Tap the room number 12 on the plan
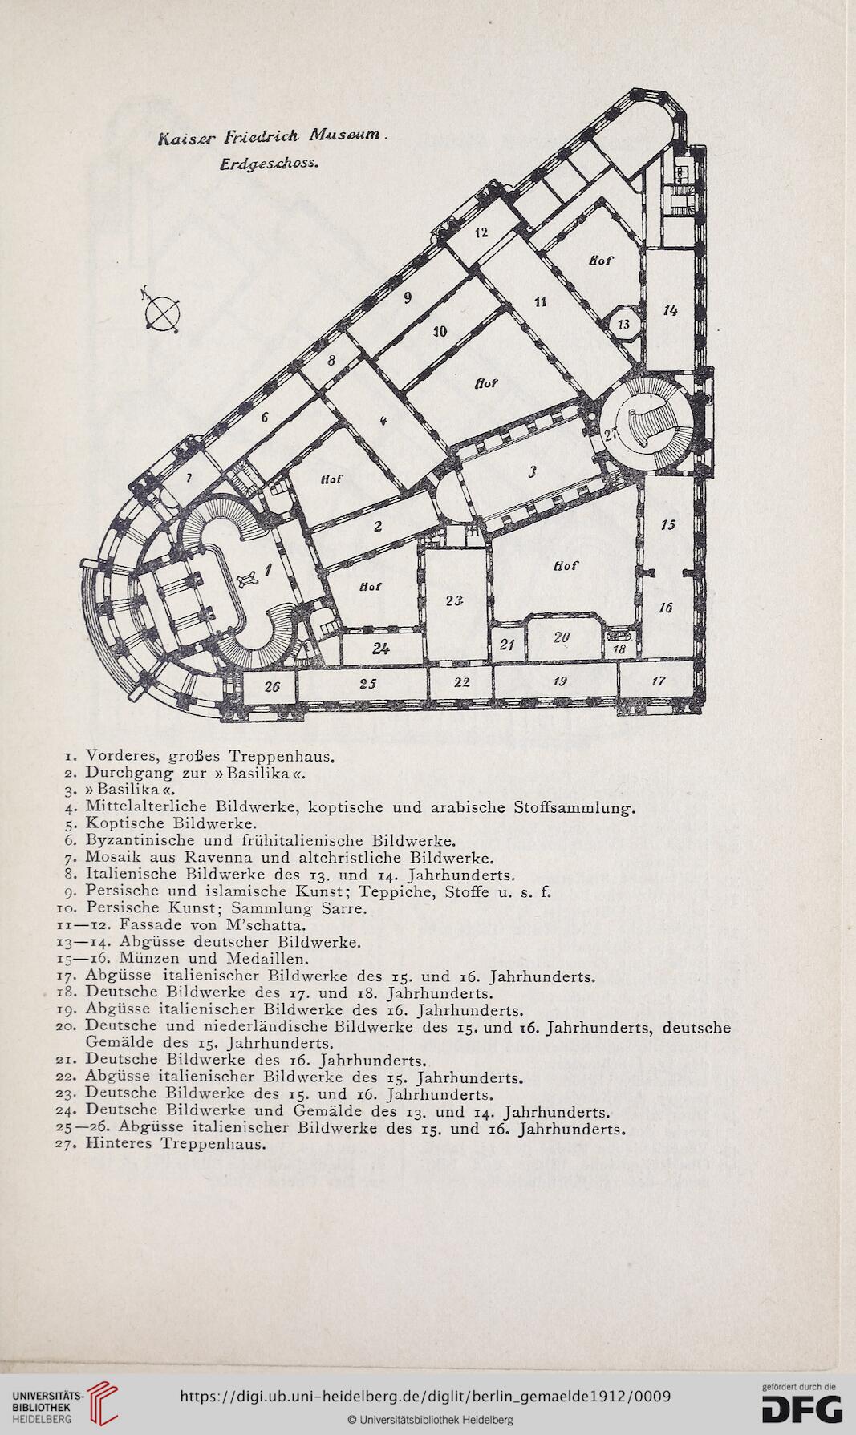(481, 233)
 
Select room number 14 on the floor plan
(671, 310)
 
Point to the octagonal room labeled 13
(624, 324)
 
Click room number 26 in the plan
(272, 687)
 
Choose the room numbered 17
(659, 681)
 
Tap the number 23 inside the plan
(455, 601)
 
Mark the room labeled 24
(380, 649)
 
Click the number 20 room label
(562, 637)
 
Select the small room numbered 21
(506, 645)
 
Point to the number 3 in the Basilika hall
(532, 472)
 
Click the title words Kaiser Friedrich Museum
(273, 136)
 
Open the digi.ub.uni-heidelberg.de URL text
(425, 1396)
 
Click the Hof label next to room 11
(601, 261)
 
